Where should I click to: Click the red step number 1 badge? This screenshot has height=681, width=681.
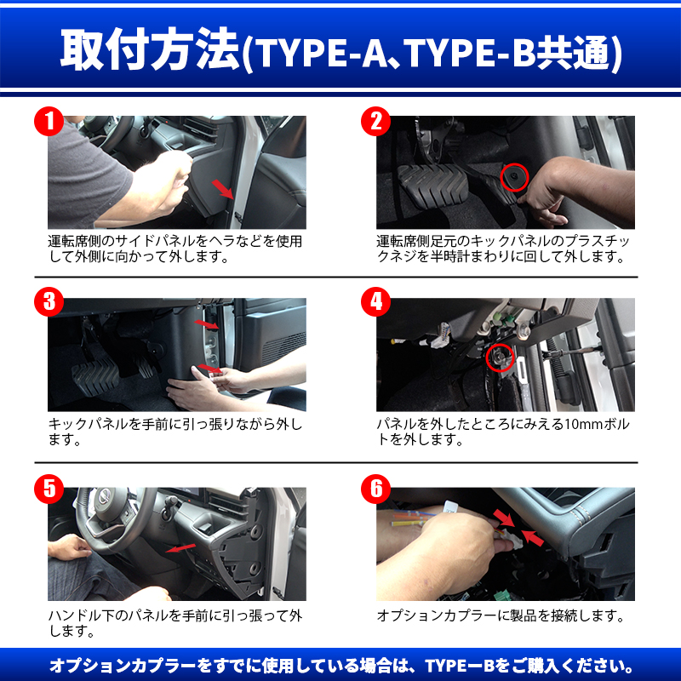[49, 121]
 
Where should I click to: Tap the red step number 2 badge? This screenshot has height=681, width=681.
[376, 121]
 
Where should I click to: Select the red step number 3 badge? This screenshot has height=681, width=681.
[49, 302]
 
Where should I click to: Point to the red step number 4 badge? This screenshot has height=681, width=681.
[376, 302]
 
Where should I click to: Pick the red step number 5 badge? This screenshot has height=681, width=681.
[49, 489]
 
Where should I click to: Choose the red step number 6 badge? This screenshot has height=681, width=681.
[376, 489]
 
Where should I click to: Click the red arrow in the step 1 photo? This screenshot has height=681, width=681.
[223, 189]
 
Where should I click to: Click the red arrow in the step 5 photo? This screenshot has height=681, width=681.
[180, 548]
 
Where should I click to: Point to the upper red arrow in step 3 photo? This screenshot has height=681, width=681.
[207, 324]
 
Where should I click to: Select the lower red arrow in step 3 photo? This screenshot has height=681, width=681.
[209, 369]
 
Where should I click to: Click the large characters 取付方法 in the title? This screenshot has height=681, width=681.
[150, 49]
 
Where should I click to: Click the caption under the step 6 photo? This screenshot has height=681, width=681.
[501, 615]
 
